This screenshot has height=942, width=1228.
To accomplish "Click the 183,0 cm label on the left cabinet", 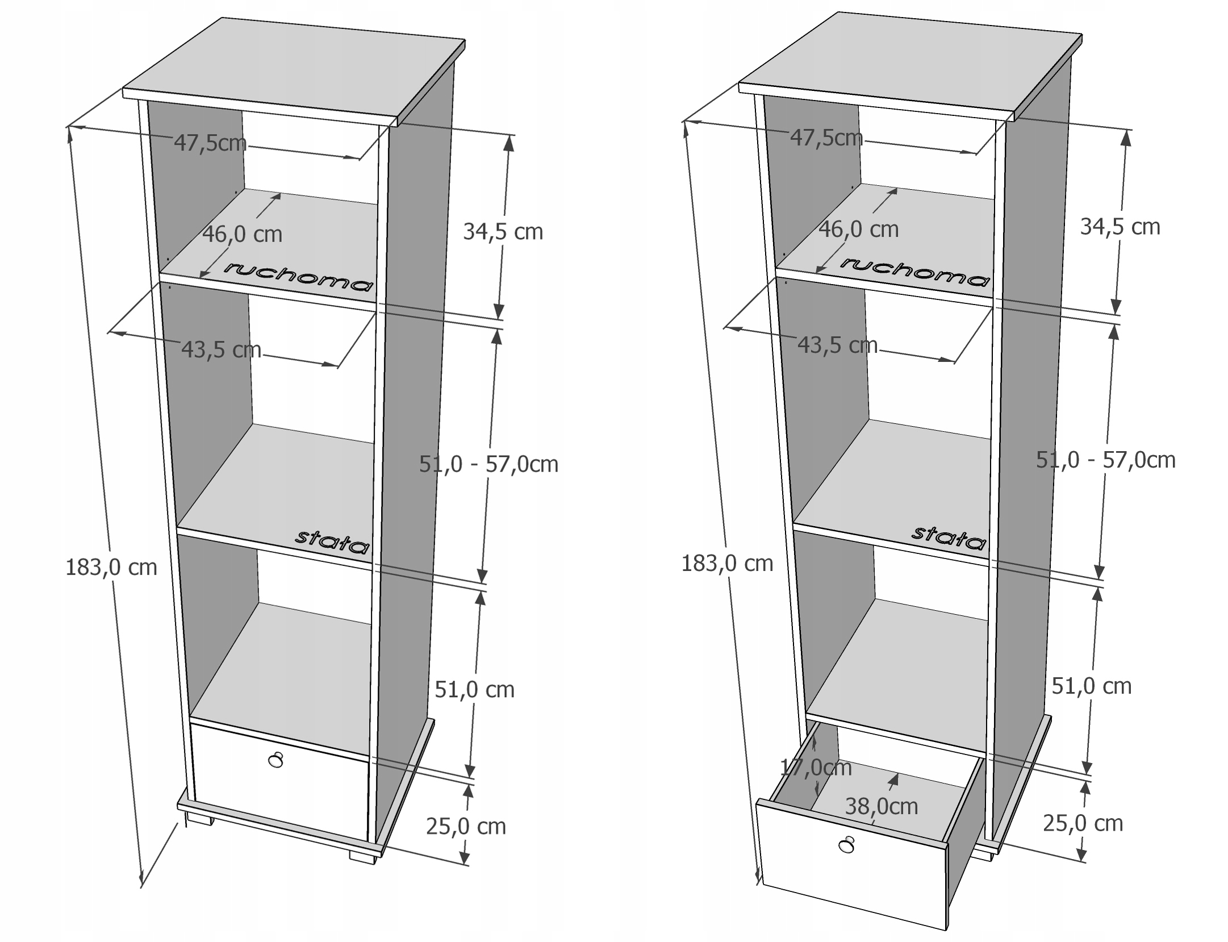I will coord(111,568).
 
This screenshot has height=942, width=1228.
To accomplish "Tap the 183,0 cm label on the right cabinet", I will coord(727,564).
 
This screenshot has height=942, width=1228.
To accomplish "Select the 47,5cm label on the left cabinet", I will coord(210,143).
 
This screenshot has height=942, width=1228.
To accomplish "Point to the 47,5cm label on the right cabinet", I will coord(826,137).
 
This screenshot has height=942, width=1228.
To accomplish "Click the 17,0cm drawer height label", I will coord(816,768).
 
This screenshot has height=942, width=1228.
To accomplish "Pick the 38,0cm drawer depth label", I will coord(881,806).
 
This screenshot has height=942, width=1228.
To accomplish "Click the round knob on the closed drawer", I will coord(275,760).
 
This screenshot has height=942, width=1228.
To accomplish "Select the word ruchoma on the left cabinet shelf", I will coord(299,276).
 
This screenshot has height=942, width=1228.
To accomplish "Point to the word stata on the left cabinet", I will coord(332,541).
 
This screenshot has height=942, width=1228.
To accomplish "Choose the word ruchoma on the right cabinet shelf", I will coord(915,272).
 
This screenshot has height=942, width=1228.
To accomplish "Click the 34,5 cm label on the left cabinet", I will coord(503,232).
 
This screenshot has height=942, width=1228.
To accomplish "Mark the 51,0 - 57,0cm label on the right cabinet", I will coord(1105,460).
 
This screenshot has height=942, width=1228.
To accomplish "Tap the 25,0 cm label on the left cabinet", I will coord(466,826).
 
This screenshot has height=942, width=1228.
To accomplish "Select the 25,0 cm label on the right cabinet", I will coord(1083,823).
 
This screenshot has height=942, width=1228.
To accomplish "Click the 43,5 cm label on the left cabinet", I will coord(221,349).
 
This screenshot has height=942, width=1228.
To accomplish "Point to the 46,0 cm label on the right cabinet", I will coord(858,230).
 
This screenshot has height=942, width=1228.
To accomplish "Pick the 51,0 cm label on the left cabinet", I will coord(474,690).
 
